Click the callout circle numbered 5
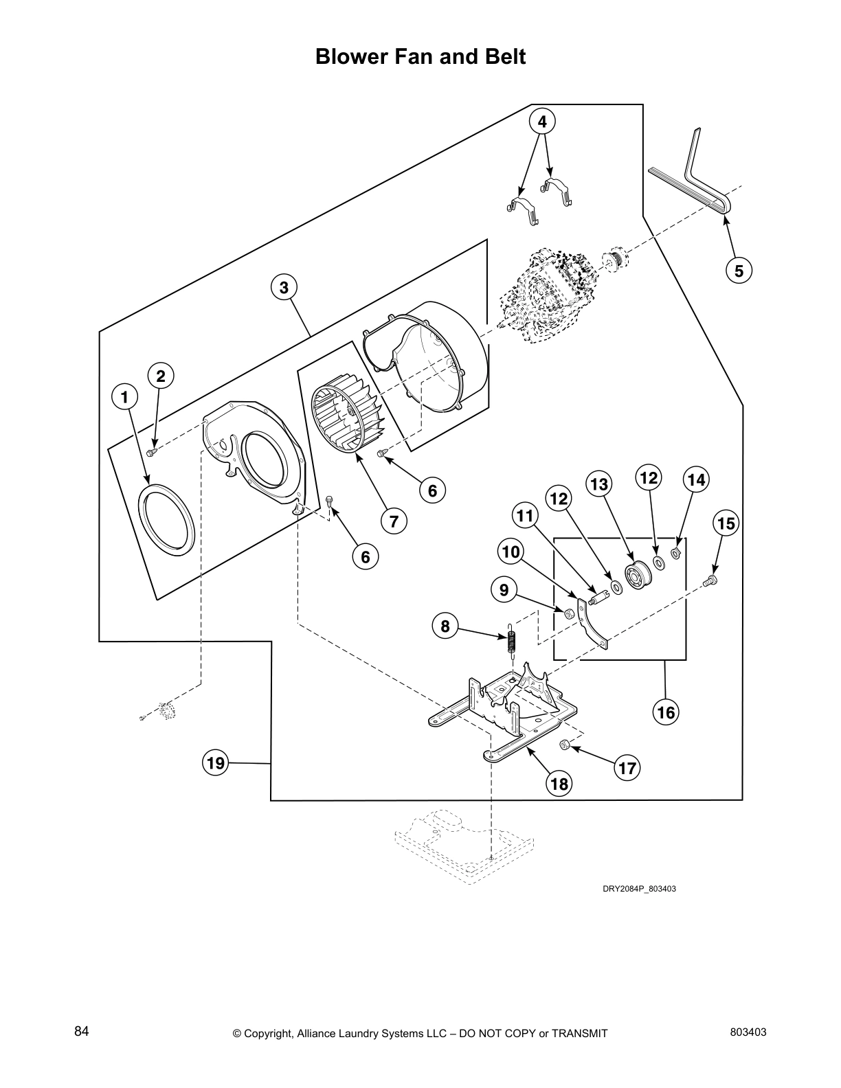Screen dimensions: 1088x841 (739, 271)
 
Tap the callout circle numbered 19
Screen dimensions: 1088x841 (216, 763)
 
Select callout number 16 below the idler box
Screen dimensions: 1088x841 (666, 712)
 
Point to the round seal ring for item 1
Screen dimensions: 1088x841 (167, 519)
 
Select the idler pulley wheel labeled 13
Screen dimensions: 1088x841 (636, 572)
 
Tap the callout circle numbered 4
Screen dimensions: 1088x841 (542, 122)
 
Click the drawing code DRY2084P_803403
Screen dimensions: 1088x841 (639, 889)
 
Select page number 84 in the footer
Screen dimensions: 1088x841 (82, 1032)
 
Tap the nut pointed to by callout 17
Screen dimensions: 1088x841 (563, 745)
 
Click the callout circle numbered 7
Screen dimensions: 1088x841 (393, 521)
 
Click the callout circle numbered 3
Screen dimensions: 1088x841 (284, 287)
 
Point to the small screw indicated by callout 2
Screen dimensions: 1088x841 (153, 451)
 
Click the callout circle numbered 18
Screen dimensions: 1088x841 (560, 784)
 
